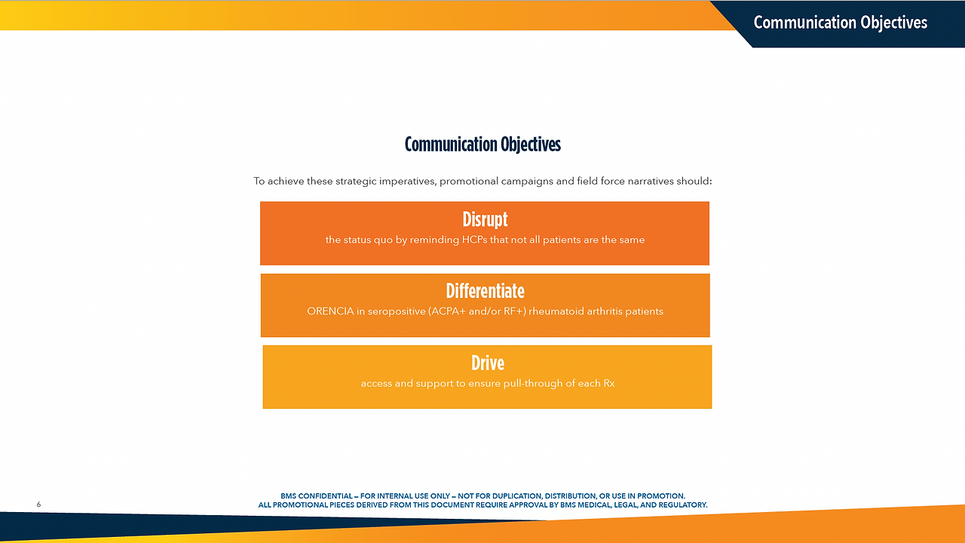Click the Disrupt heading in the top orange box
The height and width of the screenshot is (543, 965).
click(485, 219)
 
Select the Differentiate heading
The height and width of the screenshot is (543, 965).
click(485, 291)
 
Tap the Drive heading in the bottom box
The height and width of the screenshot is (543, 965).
click(488, 363)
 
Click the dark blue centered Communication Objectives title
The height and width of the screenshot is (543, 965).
click(482, 144)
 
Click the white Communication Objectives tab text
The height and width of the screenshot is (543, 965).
click(840, 23)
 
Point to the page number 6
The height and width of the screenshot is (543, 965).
click(38, 505)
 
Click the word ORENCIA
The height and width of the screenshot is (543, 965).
click(330, 311)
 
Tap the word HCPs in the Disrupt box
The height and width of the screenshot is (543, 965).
click(475, 240)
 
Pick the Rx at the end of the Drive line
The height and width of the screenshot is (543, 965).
click(609, 383)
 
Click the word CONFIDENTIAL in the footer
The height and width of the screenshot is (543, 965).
click(325, 496)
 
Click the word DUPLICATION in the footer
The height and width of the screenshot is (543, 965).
click(517, 496)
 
